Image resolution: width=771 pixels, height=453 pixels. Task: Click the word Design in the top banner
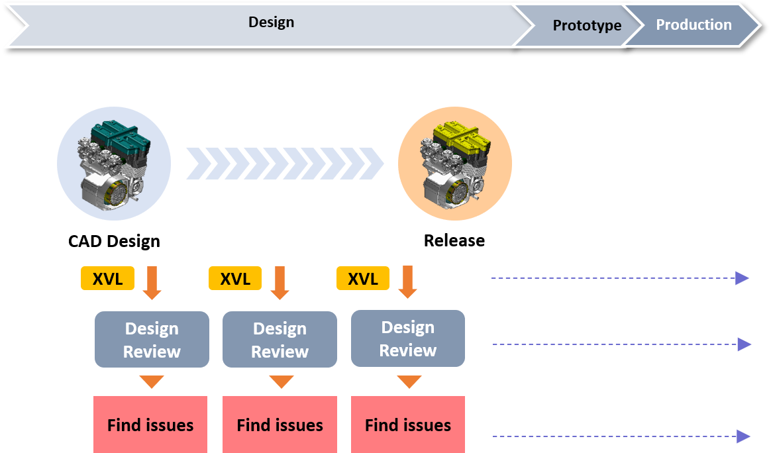(x=271, y=23)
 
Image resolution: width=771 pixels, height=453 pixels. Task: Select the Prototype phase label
(x=587, y=26)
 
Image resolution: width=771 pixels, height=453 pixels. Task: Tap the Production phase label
(x=694, y=25)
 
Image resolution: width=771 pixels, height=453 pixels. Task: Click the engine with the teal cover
(x=114, y=164)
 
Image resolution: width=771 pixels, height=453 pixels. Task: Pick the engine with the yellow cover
(x=454, y=164)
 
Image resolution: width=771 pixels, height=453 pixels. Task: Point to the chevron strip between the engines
(x=285, y=164)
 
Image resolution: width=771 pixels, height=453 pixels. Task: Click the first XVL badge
(x=107, y=279)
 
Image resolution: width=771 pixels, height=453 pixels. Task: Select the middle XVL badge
(x=235, y=279)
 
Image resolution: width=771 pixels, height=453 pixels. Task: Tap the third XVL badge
(x=363, y=279)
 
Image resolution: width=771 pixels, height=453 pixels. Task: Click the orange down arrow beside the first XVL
(x=152, y=283)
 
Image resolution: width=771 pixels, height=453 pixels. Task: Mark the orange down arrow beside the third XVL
(x=407, y=282)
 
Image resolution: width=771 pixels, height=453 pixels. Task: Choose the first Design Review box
(x=152, y=340)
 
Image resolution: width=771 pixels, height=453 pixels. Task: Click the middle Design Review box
(x=280, y=340)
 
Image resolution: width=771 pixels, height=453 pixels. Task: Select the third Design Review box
(x=407, y=338)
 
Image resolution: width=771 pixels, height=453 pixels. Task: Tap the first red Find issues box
(x=150, y=425)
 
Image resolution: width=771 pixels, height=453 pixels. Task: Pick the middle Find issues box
(x=280, y=425)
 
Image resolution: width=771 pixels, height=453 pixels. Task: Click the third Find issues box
(x=407, y=425)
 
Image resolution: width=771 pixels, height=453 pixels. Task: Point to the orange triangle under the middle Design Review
(x=281, y=382)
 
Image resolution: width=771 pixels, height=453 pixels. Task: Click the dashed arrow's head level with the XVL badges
(x=743, y=278)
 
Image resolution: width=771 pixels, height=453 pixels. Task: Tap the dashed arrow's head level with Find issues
(x=743, y=436)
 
